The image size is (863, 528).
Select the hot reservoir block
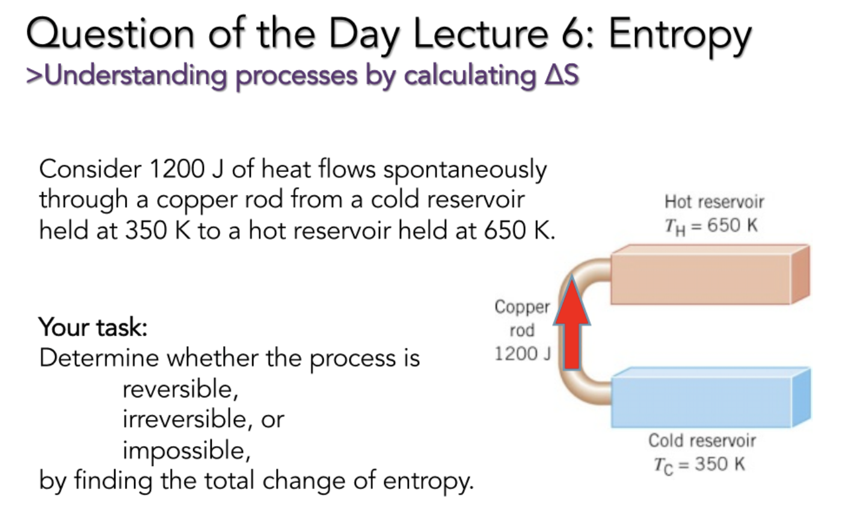[x=701, y=278]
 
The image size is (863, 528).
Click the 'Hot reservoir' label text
[x=714, y=201]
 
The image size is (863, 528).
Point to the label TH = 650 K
[x=711, y=226]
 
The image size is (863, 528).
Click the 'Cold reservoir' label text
[x=702, y=440]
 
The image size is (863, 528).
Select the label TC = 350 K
[x=699, y=465]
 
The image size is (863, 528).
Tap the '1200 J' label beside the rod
[x=522, y=354]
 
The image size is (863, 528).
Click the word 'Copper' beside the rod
[x=522, y=307]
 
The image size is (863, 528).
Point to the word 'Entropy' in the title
[x=680, y=35]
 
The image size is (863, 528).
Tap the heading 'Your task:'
[x=93, y=327]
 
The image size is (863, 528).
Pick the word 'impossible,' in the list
[x=186, y=450]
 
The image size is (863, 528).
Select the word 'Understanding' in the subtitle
[x=135, y=76]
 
